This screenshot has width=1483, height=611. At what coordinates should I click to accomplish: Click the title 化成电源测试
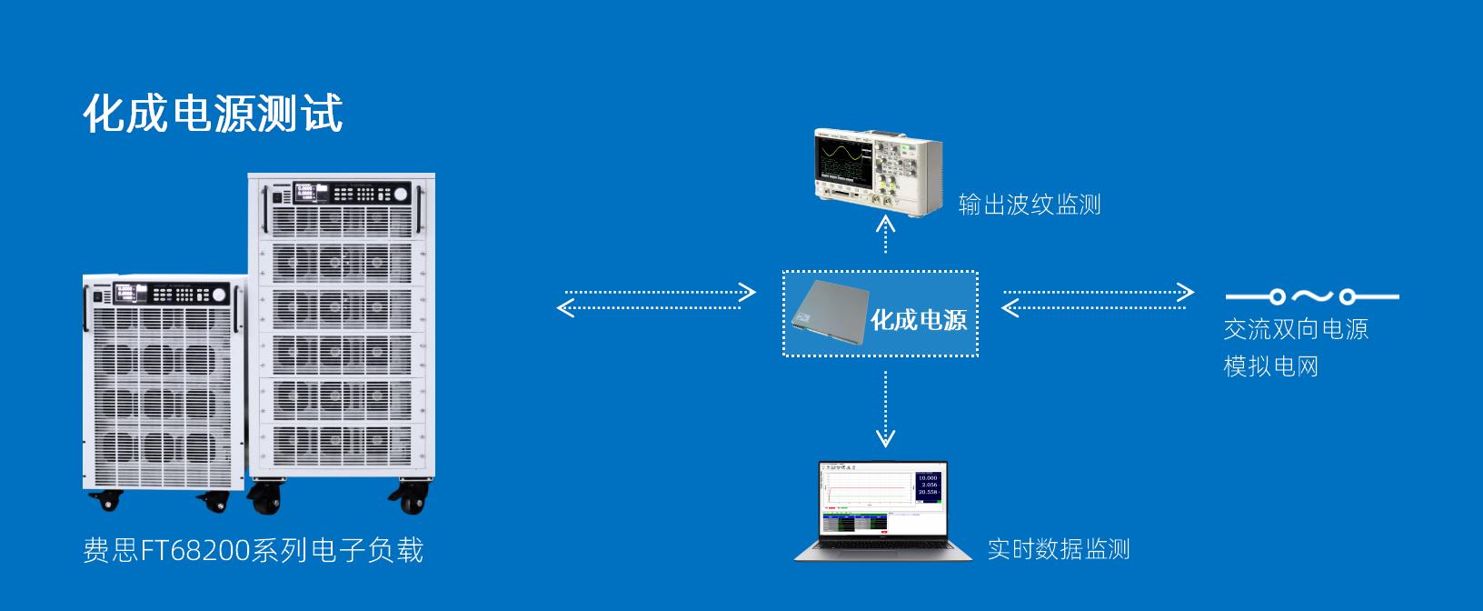click(213, 115)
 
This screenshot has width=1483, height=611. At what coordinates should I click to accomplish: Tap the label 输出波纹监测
click(1030, 205)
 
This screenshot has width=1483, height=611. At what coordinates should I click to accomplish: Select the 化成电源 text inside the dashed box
click(919, 320)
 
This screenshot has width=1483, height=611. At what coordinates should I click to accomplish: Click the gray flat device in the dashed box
click(826, 314)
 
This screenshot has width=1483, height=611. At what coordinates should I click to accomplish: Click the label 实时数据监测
click(1059, 549)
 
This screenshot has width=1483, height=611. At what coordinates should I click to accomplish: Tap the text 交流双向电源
click(1296, 329)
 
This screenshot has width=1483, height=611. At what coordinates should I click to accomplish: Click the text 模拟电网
click(1270, 366)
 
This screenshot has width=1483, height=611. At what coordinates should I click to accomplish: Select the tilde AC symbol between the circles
click(1312, 295)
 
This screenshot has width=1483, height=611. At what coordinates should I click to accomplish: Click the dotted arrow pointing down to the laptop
click(885, 409)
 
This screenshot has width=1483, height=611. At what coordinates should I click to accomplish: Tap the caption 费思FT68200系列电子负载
click(254, 551)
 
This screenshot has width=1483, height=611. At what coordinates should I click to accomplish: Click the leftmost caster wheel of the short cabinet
click(108, 501)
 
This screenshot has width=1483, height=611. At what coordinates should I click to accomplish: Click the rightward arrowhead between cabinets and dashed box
click(747, 292)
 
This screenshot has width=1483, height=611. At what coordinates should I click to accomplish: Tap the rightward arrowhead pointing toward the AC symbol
click(1185, 292)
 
